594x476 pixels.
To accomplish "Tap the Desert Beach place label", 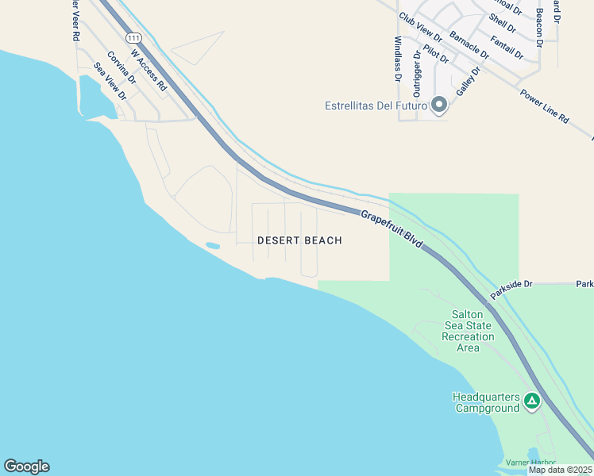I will pos(299,240).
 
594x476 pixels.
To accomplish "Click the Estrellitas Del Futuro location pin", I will pos(438,105).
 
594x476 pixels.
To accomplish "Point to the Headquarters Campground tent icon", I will pos(531,402).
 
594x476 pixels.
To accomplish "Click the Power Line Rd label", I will pos(545,106).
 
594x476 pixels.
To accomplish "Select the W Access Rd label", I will pos(148,70).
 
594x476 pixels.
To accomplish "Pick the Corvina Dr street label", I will pos(121,67).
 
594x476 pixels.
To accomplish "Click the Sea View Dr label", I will pos(110,82).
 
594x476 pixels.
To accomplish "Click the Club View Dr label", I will pos(420,28).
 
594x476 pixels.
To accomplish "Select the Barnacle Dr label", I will pos(469,44).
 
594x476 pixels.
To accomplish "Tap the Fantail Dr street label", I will pos(507,48).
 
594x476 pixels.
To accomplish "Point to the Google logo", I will pos(26,466).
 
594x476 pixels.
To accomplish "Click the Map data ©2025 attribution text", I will pos(560,470).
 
